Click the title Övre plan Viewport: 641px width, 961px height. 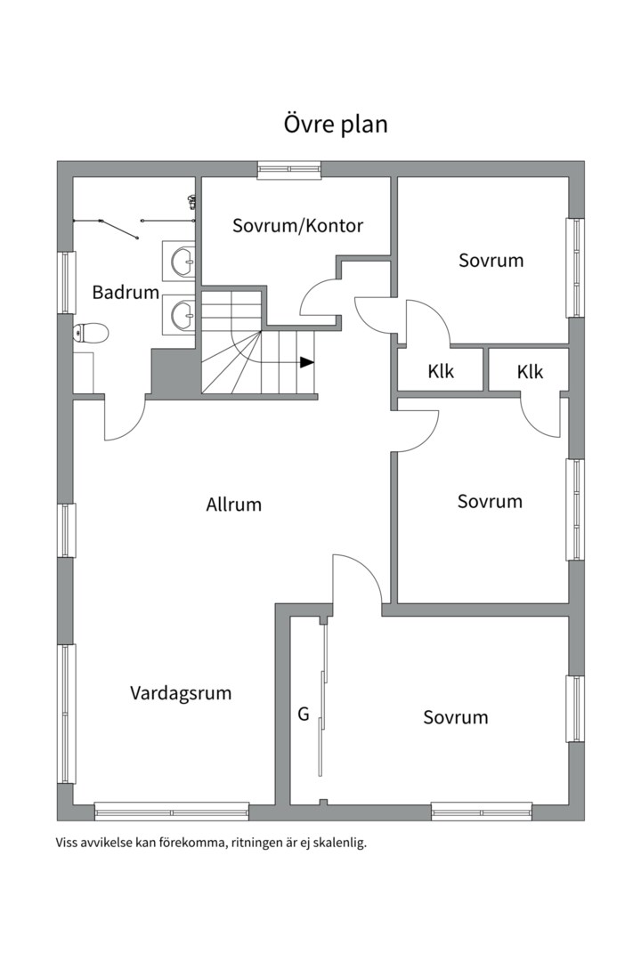pos(336,124)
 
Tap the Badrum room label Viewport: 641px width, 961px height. pos(126,292)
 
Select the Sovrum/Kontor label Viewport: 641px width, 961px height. pos(297,225)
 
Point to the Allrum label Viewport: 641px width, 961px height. pos(234,505)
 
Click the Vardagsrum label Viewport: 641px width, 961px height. pos(181,692)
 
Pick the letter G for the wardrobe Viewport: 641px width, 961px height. pos(303,714)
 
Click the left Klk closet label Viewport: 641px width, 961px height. pos(441,371)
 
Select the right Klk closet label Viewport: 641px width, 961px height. pos(530,372)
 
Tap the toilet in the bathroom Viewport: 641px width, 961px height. pos(91,334)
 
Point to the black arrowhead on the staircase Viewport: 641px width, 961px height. pos(307,362)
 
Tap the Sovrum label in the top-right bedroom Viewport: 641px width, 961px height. pos(491,261)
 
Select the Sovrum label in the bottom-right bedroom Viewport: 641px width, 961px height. pos(455,717)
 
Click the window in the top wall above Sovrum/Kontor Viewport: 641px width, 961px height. pos(288,169)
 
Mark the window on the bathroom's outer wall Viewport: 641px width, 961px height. pos(66,282)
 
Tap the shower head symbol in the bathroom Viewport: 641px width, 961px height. pos(191,203)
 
